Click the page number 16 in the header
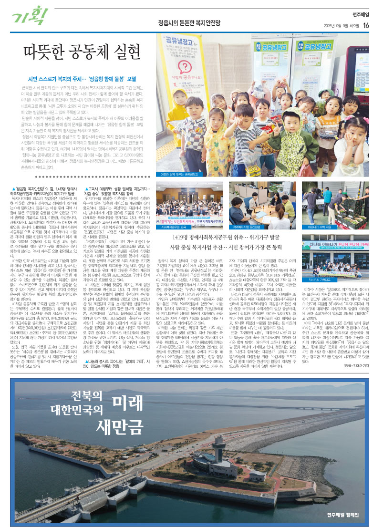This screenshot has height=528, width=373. (x=366, y=25)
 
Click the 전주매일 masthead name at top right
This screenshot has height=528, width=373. (x=360, y=14)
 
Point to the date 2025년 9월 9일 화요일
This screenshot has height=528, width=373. (x=341, y=26)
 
